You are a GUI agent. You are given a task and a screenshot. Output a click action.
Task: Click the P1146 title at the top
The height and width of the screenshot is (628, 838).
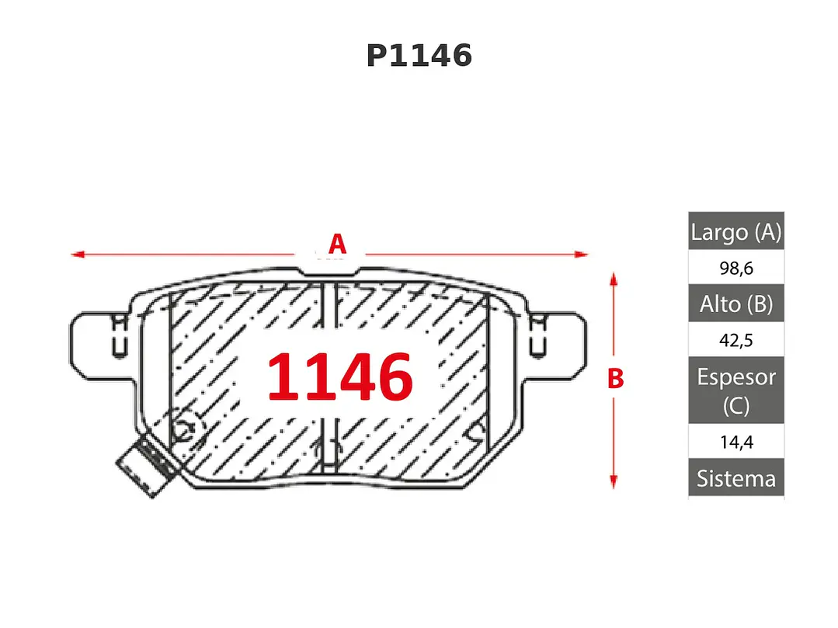click(419, 56)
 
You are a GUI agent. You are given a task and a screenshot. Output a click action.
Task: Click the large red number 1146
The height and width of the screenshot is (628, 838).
click(340, 376)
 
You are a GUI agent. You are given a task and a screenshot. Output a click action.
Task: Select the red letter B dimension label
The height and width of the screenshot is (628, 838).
click(616, 378)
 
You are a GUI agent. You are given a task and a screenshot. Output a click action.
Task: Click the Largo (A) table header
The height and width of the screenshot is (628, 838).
click(736, 231)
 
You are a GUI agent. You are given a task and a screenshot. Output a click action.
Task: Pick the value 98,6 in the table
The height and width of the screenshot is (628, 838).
click(736, 268)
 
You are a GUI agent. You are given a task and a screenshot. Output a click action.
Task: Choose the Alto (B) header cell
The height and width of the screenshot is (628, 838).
click(736, 304)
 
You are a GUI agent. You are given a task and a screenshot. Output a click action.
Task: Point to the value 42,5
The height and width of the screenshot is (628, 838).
click(736, 340)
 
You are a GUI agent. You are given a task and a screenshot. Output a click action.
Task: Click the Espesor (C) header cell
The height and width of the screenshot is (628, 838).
click(736, 390)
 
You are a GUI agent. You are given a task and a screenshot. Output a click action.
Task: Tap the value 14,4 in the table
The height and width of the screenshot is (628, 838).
click(736, 442)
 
